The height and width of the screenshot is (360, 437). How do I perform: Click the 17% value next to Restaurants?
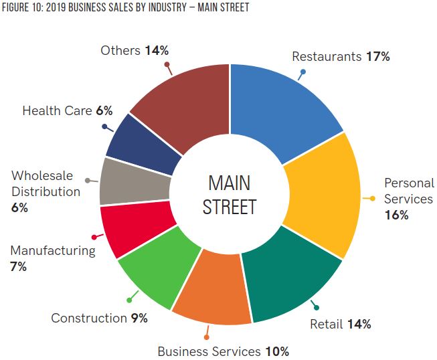tap(377, 56)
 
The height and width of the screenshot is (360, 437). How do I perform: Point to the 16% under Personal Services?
tap(396, 215)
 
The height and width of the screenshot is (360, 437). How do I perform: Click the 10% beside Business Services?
tap(276, 351)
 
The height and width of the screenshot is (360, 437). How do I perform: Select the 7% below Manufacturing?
tap(18, 266)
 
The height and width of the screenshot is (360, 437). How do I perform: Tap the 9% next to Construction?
tap(139, 318)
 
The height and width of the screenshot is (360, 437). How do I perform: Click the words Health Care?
tap(56, 110)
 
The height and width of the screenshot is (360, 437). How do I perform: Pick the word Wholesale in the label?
tap(43, 177)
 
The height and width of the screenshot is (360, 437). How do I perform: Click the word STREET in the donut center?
tap(229, 207)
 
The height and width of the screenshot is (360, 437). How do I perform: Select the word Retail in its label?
tap(325, 325)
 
